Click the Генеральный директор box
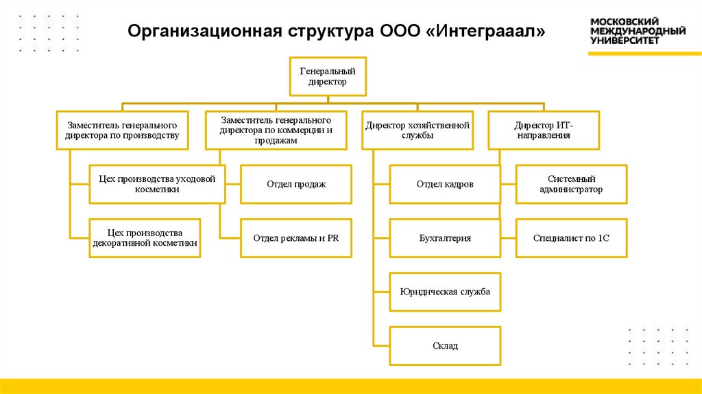327,76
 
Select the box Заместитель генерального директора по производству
122,130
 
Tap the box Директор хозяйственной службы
417,130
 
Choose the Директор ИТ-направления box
544,130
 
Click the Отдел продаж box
295,184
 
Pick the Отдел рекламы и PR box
295,238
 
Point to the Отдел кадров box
445,184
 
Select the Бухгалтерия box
445,238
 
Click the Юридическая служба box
445,292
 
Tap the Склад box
445,346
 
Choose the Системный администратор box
571,184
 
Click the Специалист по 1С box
571,238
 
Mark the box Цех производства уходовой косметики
157,184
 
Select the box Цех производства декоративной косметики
145,238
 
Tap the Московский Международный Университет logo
638,31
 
